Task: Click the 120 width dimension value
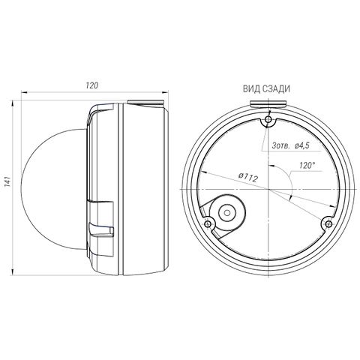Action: (x=92, y=85)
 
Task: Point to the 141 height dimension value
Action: (x=7, y=181)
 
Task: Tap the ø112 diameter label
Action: (x=247, y=177)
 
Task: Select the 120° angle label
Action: (x=307, y=165)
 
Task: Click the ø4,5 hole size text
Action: (x=302, y=145)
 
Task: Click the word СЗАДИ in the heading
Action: (x=276, y=89)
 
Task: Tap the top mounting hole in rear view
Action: (x=268, y=118)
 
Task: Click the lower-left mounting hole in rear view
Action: (x=208, y=223)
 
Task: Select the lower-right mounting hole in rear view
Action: (x=328, y=223)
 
